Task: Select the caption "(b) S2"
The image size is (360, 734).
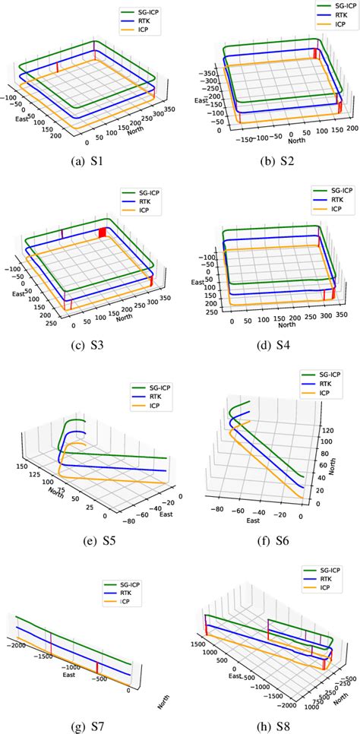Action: pyautogui.click(x=271, y=162)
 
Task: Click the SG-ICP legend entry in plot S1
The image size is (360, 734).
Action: pyautogui.click(x=141, y=13)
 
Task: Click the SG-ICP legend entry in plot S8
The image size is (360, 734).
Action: pyautogui.click(x=327, y=569)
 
